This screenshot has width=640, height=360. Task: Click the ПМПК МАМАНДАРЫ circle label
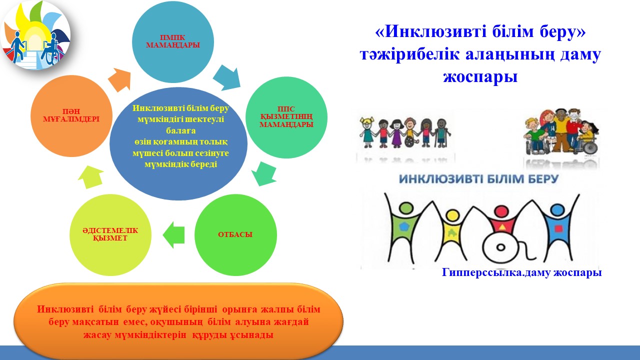coord(173,41)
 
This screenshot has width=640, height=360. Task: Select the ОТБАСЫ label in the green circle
coord(235,234)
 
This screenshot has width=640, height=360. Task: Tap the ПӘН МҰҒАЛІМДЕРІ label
coord(71,115)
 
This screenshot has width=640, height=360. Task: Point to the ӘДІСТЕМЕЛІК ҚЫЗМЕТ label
coord(110,234)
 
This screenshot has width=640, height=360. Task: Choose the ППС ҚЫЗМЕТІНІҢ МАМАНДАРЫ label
coord(286,117)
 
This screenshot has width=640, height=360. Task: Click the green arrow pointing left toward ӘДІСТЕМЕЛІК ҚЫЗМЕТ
coord(173,235)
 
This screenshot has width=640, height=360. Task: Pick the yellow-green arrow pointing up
coord(91,176)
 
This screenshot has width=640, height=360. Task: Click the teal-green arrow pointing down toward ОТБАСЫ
coord(264,173)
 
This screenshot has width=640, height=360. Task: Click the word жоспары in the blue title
coord(480,76)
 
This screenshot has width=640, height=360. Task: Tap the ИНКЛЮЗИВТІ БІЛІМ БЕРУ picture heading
coord(478,179)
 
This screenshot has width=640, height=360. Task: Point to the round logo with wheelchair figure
coord(35,35)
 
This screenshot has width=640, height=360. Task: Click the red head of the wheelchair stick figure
coord(501,211)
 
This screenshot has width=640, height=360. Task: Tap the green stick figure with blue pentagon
coord(405,225)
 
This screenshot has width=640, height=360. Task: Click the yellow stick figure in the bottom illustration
coord(452,232)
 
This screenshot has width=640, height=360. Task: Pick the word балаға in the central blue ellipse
coord(181,131)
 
